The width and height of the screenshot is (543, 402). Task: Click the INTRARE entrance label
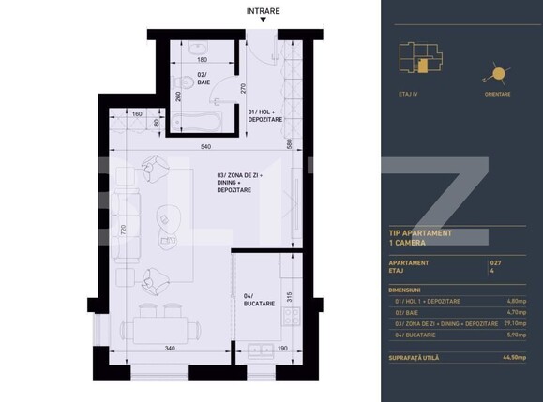pos(262,11)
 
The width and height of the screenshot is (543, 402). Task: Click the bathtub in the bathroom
pos(199,122)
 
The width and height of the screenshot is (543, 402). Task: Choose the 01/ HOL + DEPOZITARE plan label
pos(266,116)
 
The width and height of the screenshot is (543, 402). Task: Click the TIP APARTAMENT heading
pos(420,232)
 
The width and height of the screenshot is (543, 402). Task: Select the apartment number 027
pos(495,263)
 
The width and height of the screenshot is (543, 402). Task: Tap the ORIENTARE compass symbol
pos(498,76)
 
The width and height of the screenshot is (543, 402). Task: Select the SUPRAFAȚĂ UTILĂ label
pos(417,357)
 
